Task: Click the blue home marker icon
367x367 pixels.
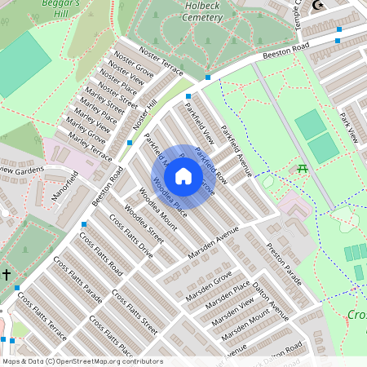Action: pyautogui.click(x=183, y=176)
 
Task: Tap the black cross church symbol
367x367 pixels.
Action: pyautogui.click(x=7, y=275)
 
